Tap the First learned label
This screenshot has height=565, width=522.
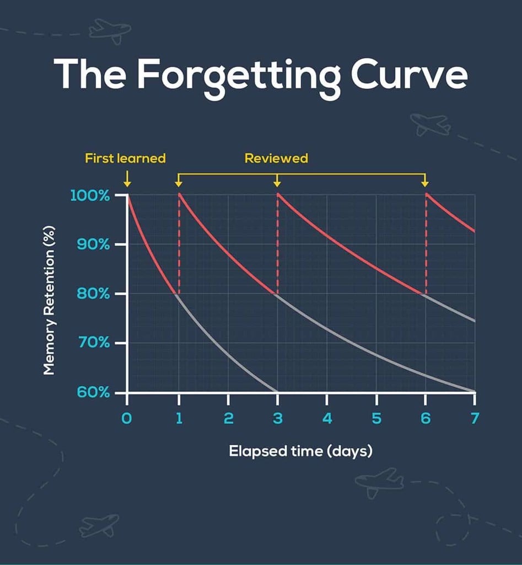(x=125, y=158)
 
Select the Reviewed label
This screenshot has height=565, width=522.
(x=276, y=158)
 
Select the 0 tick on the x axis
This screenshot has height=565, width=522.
(x=127, y=419)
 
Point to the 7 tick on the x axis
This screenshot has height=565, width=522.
(x=474, y=419)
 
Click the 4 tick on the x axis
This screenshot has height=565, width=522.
(x=327, y=419)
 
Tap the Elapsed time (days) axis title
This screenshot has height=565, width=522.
(x=300, y=451)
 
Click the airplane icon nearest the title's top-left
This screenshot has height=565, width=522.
(x=110, y=30)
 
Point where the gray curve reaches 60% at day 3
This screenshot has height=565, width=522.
(x=276, y=391)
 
